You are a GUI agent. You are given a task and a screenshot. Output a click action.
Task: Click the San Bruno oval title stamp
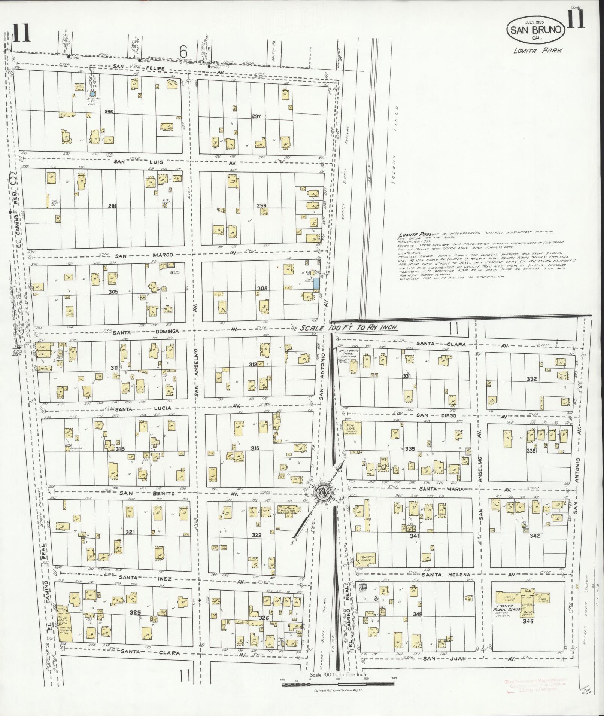[x=536, y=30]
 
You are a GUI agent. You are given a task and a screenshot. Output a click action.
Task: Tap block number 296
[x=109, y=112]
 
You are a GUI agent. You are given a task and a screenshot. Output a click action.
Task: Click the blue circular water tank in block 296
[x=93, y=94]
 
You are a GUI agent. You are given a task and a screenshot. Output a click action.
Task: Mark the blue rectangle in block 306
[x=317, y=283]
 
